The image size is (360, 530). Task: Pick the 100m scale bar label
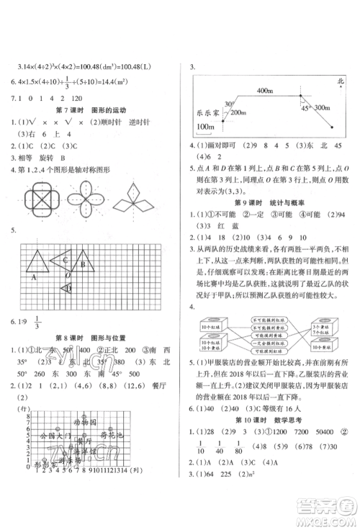(x=207, y=127)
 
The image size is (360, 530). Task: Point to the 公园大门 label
(x=56, y=457)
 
